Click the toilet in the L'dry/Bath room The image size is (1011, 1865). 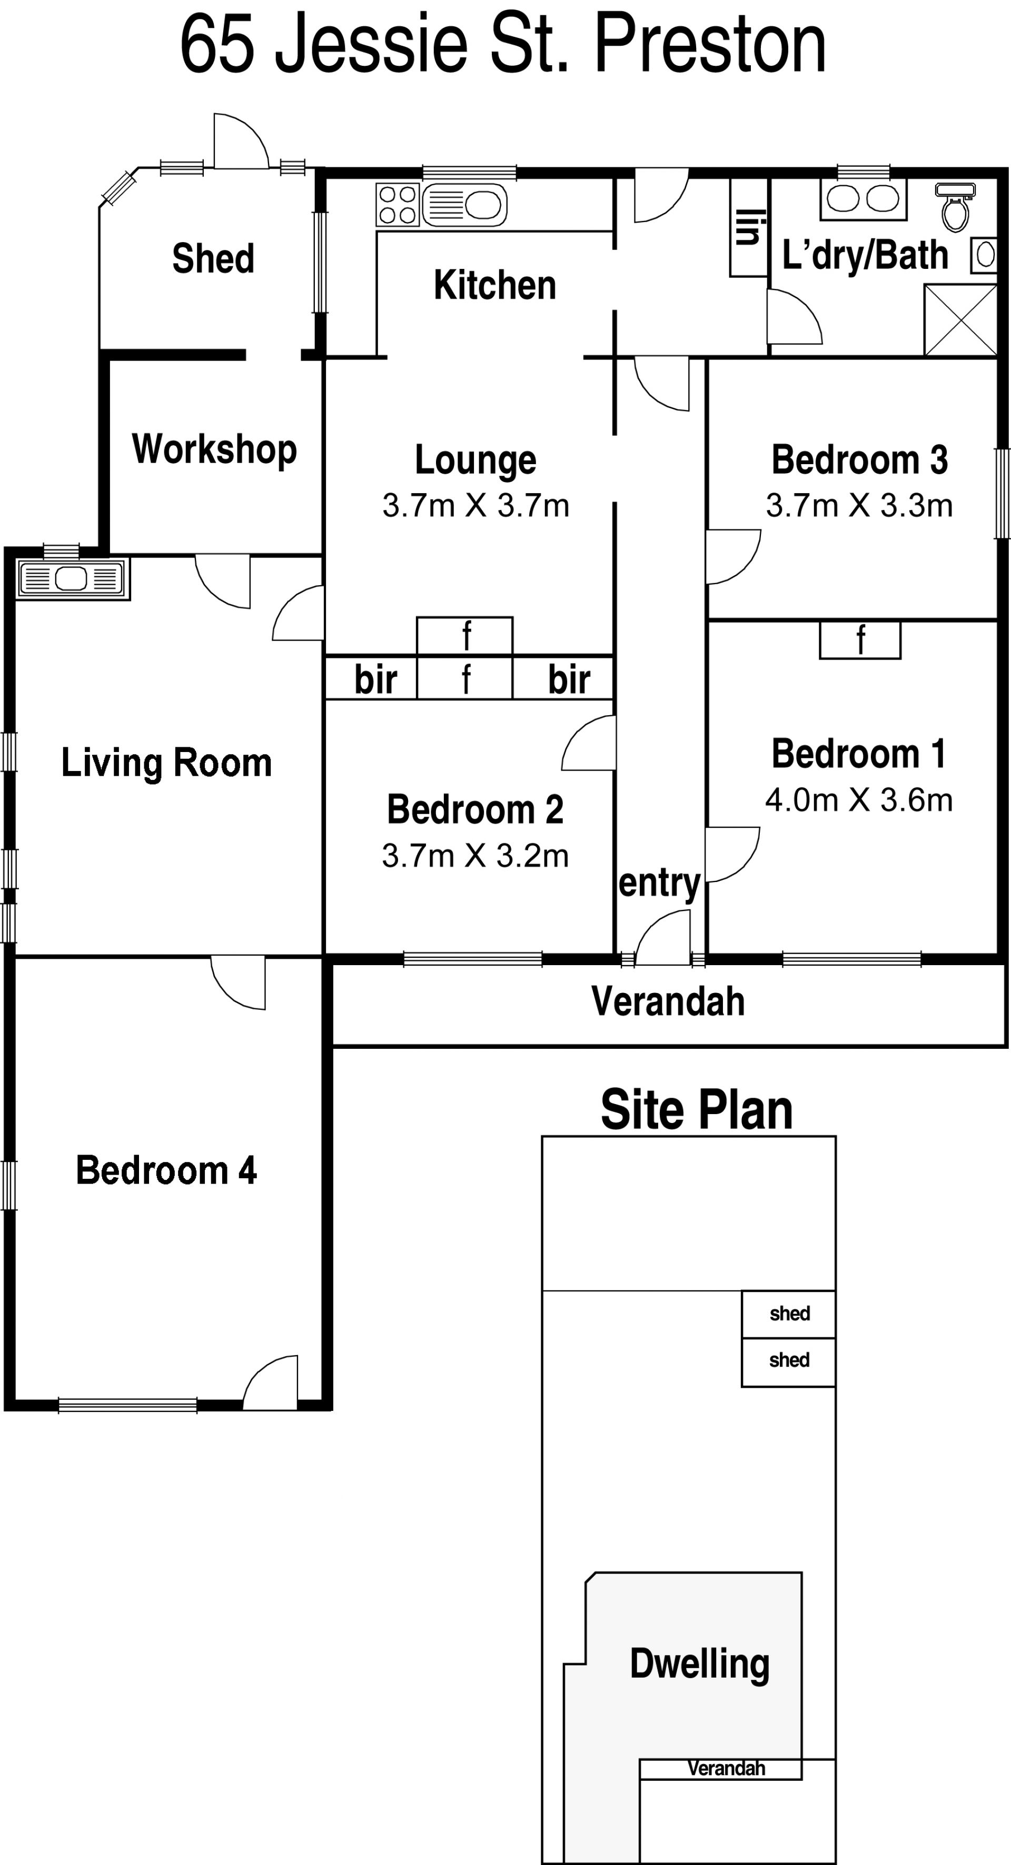tap(955, 206)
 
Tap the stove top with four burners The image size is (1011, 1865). tap(398, 205)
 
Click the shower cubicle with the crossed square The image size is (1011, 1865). tap(961, 319)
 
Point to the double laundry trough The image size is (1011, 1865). tap(863, 198)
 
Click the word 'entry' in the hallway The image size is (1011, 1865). tap(660, 883)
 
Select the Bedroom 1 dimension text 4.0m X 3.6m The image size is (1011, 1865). tap(859, 800)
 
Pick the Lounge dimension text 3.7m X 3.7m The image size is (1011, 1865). tap(476, 505)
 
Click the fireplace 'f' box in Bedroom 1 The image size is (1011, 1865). tap(860, 640)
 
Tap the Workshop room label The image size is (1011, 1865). tap(214, 449)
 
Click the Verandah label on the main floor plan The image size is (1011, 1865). tap(668, 1001)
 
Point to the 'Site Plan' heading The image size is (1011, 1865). tap(697, 1110)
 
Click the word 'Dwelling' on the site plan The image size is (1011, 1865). tap(700, 1665)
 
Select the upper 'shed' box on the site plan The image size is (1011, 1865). tap(789, 1314)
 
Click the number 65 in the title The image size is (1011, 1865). tap(217, 45)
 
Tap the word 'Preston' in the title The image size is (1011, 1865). tap(710, 45)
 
